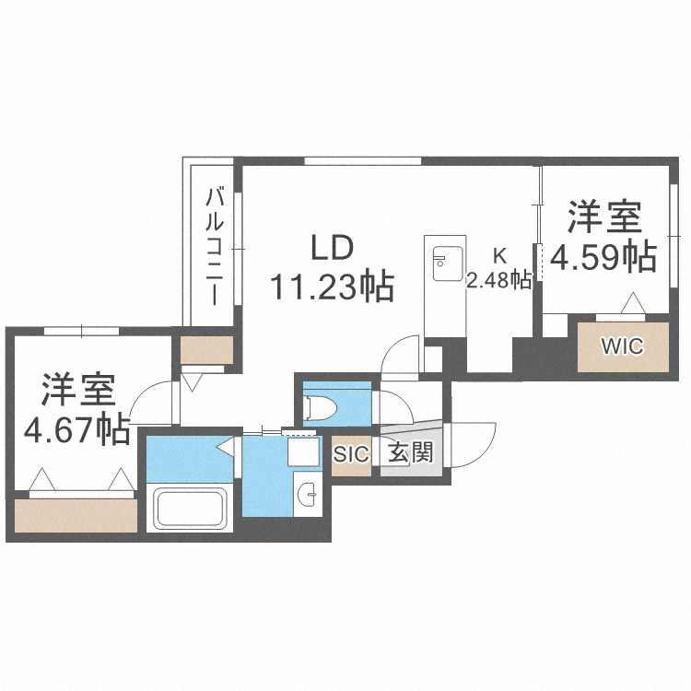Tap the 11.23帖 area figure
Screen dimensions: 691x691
pos(332,287)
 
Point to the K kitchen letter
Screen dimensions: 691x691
pos(499,255)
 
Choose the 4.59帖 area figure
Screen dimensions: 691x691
pos(603,257)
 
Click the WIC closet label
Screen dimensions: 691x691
pos(623,346)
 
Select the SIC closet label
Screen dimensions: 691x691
pos(350,453)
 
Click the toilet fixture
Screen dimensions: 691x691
pos(328,403)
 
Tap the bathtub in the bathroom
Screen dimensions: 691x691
pos(189,509)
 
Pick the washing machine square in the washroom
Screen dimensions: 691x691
pos(301,451)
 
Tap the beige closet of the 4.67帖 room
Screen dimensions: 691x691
pos(76,514)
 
